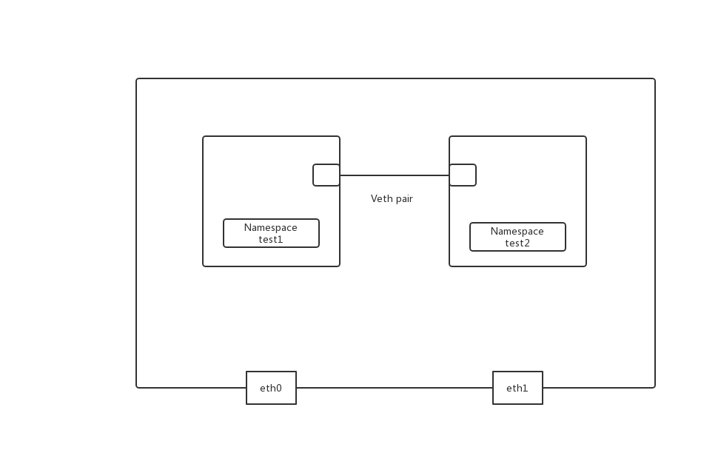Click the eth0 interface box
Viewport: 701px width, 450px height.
tap(271, 388)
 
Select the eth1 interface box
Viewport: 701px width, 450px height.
tap(517, 388)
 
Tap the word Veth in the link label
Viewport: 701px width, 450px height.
tap(381, 199)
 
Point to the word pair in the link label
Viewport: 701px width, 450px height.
tap(403, 199)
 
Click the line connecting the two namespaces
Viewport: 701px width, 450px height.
tap(395, 175)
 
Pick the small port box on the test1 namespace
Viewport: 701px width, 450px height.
tap(326, 175)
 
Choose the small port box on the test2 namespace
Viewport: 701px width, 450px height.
tap(463, 175)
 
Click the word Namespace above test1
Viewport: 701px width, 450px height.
tap(271, 228)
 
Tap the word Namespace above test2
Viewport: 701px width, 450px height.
tap(517, 232)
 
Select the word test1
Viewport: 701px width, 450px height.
tap(271, 240)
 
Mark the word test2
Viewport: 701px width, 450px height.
tap(517, 244)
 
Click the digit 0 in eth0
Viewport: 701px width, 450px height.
tap(278, 389)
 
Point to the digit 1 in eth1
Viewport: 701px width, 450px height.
tap(526, 389)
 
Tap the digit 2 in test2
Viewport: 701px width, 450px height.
tap(527, 244)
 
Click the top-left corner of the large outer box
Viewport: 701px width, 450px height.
tap(137, 79)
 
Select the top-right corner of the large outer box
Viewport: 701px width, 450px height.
tap(654, 79)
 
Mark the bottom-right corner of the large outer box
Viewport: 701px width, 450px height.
tap(654, 386)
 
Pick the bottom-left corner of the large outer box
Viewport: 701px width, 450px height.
tap(137, 386)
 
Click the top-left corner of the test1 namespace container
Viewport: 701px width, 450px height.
tap(204, 137)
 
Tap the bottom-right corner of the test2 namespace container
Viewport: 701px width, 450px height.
tap(586, 266)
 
